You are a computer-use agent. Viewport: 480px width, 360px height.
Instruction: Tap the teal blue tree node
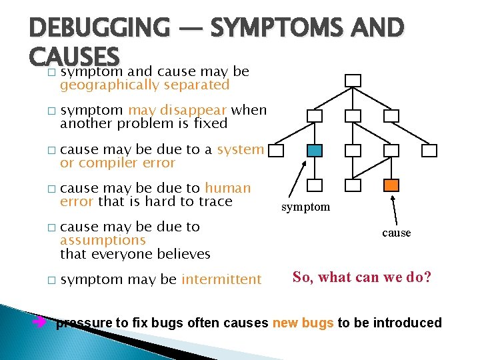(315, 151)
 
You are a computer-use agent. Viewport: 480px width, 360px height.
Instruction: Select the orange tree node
(392, 185)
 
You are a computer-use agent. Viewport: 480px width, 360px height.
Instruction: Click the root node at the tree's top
(353, 81)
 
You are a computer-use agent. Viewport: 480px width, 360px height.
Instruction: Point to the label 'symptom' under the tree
(305, 207)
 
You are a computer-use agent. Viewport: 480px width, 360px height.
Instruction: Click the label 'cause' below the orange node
(397, 233)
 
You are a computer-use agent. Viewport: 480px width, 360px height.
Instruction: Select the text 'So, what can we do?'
(362, 277)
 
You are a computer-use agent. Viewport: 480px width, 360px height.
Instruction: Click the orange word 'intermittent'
(221, 279)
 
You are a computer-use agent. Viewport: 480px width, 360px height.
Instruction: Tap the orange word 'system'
(240, 149)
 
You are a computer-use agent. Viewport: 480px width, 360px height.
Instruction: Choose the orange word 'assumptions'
(103, 240)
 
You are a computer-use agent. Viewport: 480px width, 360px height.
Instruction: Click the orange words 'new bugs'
(303, 323)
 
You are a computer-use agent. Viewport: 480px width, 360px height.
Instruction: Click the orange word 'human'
(227, 188)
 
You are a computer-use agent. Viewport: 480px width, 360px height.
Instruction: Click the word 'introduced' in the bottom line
(409, 323)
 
